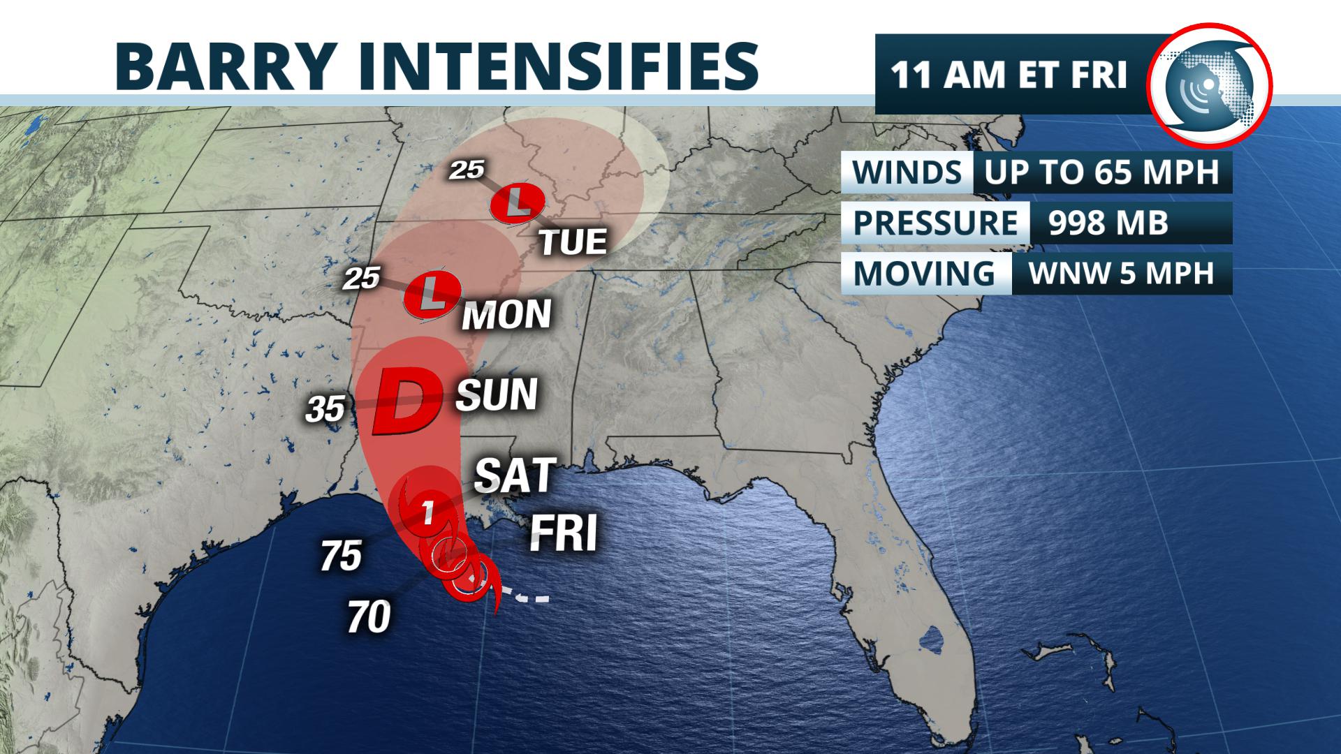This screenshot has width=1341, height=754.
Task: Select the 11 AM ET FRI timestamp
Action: [1009, 75]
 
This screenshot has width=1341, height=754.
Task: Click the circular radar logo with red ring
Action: [1210, 84]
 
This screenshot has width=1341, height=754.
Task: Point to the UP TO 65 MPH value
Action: [1101, 172]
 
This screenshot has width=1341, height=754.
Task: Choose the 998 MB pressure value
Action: [1108, 223]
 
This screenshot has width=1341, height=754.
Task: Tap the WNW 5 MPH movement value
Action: [1121, 273]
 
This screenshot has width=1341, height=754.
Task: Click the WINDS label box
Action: [907, 172]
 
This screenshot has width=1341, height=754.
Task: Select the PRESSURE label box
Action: [935, 223]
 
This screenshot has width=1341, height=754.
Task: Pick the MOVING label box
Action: [924, 273]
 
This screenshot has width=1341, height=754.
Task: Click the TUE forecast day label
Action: [573, 242]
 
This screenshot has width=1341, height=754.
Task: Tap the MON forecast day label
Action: [506, 315]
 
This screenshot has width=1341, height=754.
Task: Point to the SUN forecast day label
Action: [497, 394]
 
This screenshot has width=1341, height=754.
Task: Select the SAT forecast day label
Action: [515, 476]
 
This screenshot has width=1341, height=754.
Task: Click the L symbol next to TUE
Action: [517, 202]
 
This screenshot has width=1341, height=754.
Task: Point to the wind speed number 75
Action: [341, 556]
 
